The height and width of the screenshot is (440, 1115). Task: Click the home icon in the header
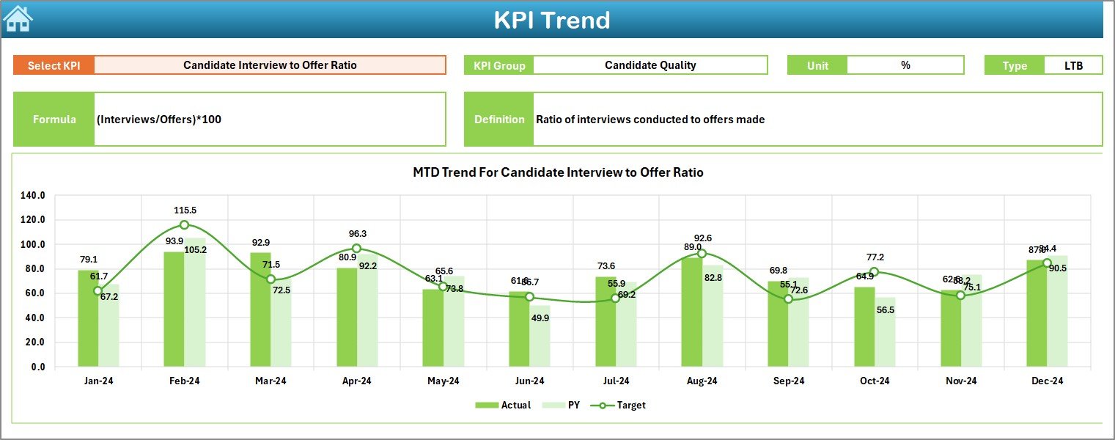(18, 18)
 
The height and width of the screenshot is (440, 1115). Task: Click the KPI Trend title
(551, 20)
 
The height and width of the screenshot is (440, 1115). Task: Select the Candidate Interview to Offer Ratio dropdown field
(270, 65)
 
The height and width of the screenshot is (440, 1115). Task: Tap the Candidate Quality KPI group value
(650, 65)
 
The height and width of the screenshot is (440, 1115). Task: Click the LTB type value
(1073, 65)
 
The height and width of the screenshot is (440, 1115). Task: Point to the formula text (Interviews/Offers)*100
(159, 120)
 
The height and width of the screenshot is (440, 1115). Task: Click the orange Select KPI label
(54, 65)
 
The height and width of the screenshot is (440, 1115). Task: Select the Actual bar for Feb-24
(174, 309)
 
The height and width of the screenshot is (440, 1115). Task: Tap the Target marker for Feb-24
(184, 225)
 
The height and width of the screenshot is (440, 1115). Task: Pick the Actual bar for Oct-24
(864, 327)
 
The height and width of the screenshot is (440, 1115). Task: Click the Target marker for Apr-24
(356, 249)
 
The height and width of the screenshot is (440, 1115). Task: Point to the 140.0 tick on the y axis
(32, 196)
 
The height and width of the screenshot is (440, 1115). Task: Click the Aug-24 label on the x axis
(702, 381)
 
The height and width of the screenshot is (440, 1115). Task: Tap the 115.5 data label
(185, 210)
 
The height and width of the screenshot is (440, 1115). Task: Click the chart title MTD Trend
(558, 173)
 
